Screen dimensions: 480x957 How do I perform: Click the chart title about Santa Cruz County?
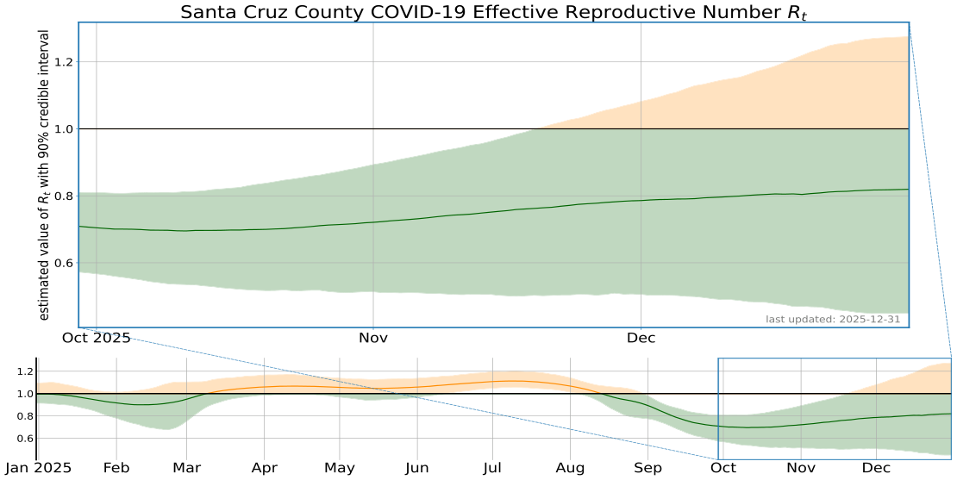pos(493,12)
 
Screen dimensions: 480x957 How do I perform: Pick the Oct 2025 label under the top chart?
pos(96,338)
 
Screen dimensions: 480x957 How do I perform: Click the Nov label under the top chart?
pos(372,338)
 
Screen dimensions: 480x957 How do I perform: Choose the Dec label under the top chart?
pos(641,338)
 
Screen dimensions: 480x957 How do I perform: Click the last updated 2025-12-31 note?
pos(834,320)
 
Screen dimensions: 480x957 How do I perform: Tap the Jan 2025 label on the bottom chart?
pos(39,468)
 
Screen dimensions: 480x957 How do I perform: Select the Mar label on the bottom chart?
pos(187,468)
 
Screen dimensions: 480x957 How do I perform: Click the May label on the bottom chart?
pos(341,468)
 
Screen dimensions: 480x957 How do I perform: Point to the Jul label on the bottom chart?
pos(492,468)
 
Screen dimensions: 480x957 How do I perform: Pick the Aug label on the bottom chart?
pos(571,468)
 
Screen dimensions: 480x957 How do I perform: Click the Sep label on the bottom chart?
pos(648,468)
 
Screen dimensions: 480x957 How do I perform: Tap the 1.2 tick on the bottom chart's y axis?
pos(23,372)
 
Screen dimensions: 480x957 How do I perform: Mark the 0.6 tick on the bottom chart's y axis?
pos(23,439)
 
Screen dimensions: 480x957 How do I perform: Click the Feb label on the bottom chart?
pos(116,468)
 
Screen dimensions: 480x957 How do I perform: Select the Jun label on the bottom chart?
pos(417,468)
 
